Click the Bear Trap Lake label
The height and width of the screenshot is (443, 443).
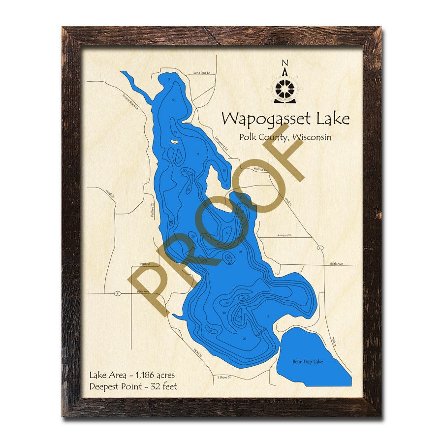click(x=308, y=362)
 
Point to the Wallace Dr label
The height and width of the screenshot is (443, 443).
click(x=259, y=169)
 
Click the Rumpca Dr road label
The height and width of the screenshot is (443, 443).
click(x=284, y=235)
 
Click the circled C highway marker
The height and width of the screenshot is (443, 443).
click(x=320, y=248)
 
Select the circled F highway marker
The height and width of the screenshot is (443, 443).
click(x=117, y=294)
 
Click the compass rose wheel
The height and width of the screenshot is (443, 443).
click(x=284, y=89)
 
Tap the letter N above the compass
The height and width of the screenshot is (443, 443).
click(x=284, y=63)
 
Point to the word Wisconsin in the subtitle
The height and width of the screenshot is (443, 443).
click(x=312, y=137)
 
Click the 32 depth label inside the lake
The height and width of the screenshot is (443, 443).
click(x=227, y=303)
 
